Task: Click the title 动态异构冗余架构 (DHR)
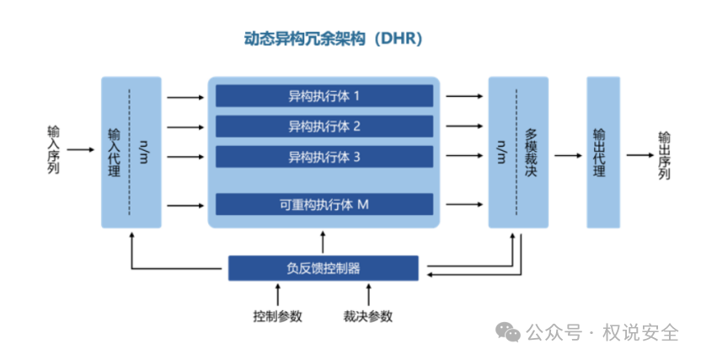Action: [x=332, y=39]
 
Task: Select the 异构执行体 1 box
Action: [x=324, y=95]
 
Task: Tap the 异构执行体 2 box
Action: [x=324, y=126]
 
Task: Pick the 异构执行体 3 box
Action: [x=324, y=157]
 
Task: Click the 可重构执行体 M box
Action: [x=324, y=204]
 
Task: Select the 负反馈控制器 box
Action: [x=324, y=268]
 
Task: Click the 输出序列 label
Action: [x=664, y=155]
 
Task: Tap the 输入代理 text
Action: [x=115, y=153]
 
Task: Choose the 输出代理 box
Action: [x=599, y=152]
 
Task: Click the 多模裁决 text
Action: [x=530, y=153]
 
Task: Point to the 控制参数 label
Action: [x=277, y=317]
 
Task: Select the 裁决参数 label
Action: [x=367, y=317]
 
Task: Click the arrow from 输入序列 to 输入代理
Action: [x=82, y=150]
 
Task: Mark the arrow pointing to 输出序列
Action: [x=639, y=156]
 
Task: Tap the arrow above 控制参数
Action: [x=277, y=295]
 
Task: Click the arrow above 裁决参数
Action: [x=367, y=295]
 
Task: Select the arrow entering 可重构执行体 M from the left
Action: [x=185, y=204]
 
